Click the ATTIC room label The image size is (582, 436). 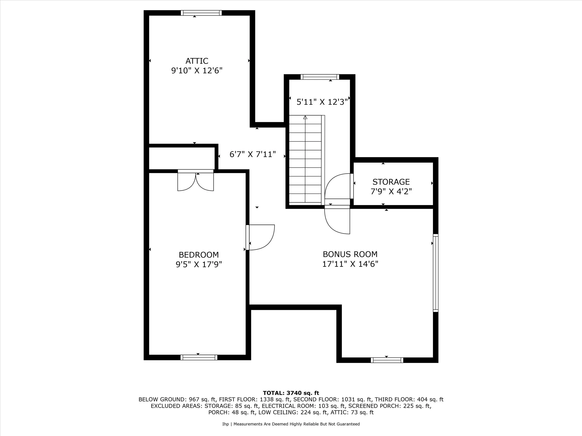coord(197,61)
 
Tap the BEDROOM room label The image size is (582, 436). coord(199,255)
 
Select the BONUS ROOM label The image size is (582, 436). coord(350,254)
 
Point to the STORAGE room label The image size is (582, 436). coord(391,182)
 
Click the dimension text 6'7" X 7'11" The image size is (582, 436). coord(253,154)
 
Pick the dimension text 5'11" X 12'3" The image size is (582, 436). coord(322,102)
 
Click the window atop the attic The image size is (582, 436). coord(201,13)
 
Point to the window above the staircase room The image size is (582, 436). coord(320,77)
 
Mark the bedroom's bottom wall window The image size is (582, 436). coord(199,358)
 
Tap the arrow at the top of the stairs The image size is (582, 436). coord(305,117)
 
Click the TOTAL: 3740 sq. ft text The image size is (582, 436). coord(291,393)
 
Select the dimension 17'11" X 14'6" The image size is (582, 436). coord(350,264)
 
